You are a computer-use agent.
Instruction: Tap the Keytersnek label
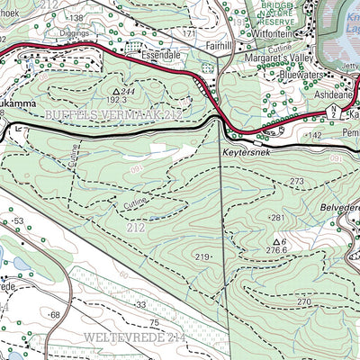(245, 154)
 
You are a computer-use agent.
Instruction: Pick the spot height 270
(304, 302)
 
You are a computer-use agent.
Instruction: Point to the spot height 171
(188, 33)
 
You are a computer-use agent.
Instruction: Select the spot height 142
(315, 135)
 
